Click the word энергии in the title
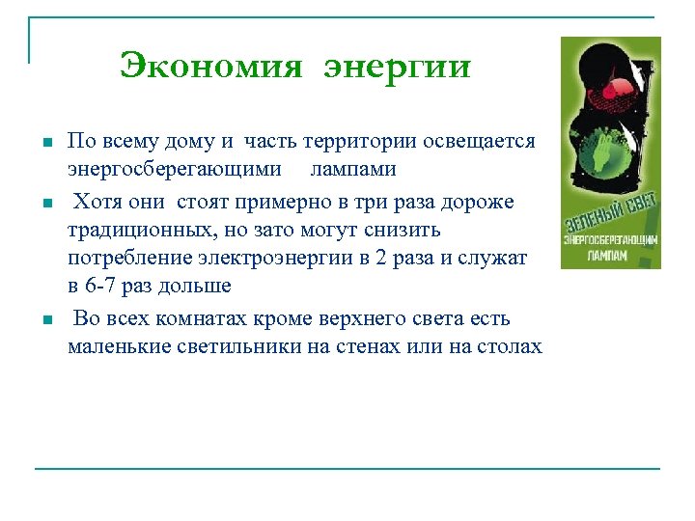tap(397, 69)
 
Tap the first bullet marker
tap(44, 143)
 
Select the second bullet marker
tap(44, 204)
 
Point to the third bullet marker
tap(44, 320)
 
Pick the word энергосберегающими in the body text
tap(175, 169)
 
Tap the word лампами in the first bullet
tap(352, 169)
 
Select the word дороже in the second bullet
tap(481, 201)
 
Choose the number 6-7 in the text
tap(102, 287)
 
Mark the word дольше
tap(198, 287)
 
